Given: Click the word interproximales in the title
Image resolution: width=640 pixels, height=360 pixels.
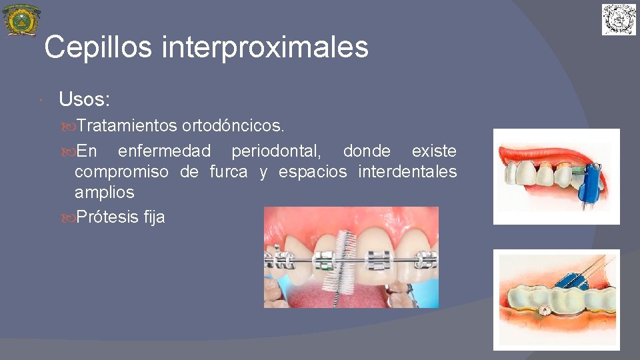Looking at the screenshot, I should (265, 47).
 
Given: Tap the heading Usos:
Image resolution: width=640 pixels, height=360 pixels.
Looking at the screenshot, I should (84, 100).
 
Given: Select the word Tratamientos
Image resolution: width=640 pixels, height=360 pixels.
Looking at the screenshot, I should (126, 125).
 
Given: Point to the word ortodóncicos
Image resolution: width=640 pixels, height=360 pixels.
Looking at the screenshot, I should (233, 125).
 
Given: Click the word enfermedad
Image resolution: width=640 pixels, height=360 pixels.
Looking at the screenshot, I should (164, 151).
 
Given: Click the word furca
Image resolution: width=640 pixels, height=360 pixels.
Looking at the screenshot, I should (229, 172).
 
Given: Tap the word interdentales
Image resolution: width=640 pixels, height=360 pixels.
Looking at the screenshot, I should (407, 172).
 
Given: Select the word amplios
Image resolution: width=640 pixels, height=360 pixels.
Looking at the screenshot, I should (104, 193).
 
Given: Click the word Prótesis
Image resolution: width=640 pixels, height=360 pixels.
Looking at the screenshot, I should (107, 217).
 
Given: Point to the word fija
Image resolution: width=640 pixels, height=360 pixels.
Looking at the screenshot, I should (154, 217).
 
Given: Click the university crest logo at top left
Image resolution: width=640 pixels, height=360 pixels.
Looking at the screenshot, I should (21, 20).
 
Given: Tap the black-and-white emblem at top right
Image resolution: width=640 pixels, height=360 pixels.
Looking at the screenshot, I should (619, 19).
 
